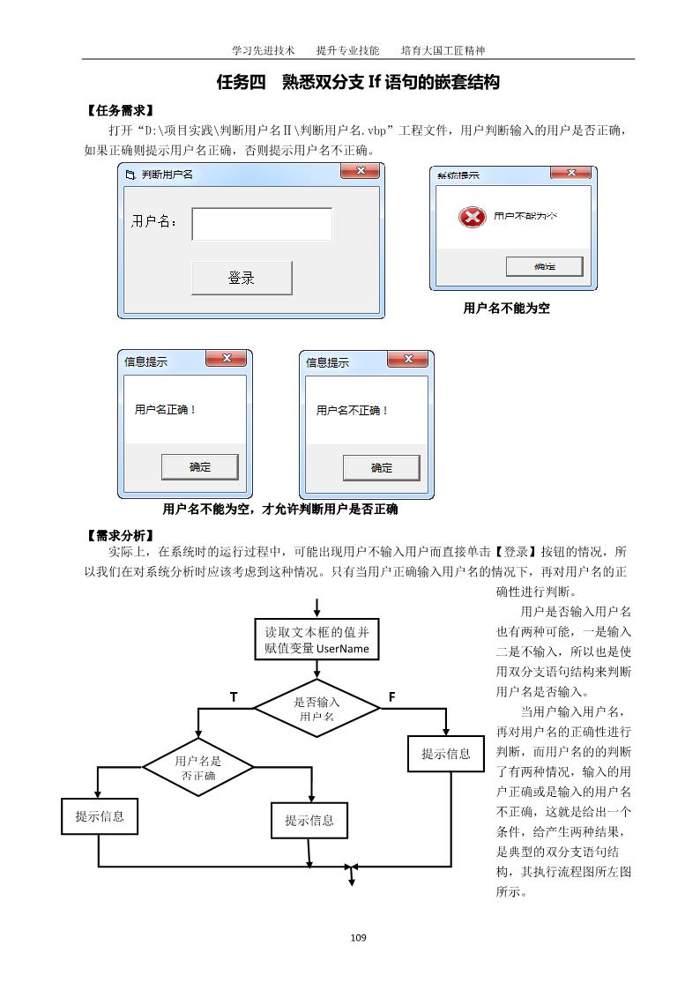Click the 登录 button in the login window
pyautogui.click(x=242, y=278)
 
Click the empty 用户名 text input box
pyautogui.click(x=262, y=224)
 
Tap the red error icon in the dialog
pyautogui.click(x=473, y=216)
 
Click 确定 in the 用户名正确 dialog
pyautogui.click(x=200, y=466)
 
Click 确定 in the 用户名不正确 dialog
pyautogui.click(x=381, y=467)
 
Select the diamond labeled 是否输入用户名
pyautogui.click(x=316, y=709)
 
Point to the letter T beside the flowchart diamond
pyautogui.click(x=234, y=697)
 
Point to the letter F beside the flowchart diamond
pyautogui.click(x=391, y=697)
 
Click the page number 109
pyautogui.click(x=358, y=937)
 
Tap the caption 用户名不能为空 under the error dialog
pyautogui.click(x=507, y=309)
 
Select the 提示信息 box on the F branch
pyautogui.click(x=446, y=754)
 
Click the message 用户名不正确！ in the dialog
pyautogui.click(x=352, y=410)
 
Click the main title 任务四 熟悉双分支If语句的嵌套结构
pyautogui.click(x=358, y=83)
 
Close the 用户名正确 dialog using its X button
pyautogui.click(x=226, y=358)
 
